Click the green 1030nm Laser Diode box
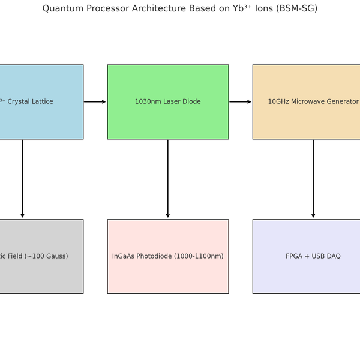click(x=168, y=120)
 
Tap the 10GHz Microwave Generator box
click(x=306, y=120)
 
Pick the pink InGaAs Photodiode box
click(x=168, y=276)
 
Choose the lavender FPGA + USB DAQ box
click(x=306, y=276)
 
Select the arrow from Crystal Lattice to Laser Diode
click(x=95, y=102)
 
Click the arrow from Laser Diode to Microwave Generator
click(x=240, y=102)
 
